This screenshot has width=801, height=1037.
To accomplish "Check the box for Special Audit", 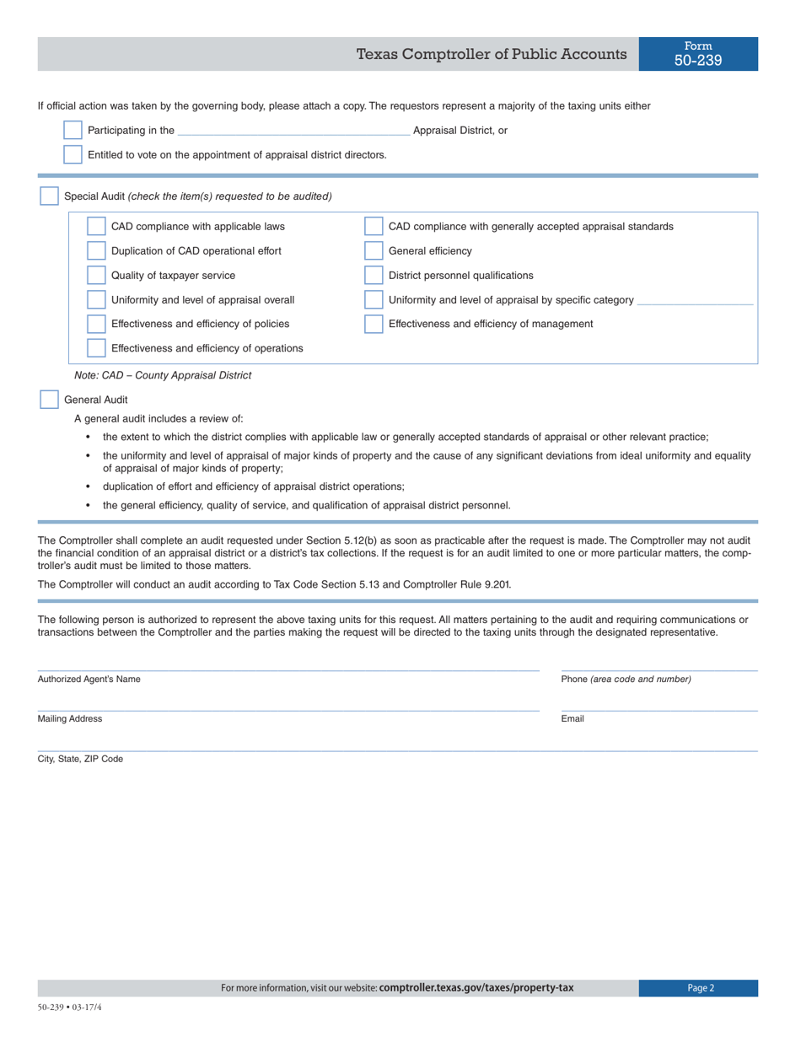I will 50,196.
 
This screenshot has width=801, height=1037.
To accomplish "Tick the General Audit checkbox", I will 50,400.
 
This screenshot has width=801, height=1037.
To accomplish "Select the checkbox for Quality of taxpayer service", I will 97,275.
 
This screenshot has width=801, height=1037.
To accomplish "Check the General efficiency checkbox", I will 374,250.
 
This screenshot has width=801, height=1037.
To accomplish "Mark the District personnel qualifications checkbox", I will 374,275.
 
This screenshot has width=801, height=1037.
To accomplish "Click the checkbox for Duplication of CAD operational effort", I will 97,250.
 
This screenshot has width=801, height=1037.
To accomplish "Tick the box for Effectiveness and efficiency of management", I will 374,324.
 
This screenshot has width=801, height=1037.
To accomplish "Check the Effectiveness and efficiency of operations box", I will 97,348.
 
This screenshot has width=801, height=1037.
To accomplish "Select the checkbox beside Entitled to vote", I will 73,154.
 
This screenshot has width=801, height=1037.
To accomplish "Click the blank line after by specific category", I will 696,301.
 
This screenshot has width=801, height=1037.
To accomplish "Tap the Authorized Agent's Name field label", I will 89,680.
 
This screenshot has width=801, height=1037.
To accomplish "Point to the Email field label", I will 573,719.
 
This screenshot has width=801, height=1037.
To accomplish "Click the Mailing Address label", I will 70,719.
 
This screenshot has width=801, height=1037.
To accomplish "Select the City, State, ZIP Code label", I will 80,759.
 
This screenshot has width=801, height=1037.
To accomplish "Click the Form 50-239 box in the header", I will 698,54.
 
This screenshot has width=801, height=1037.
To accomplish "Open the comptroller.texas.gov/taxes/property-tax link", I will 476,988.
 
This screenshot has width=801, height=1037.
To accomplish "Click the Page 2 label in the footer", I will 700,988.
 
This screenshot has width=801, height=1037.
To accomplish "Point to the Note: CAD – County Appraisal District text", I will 163,375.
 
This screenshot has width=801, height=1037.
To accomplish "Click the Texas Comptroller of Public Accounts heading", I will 492,55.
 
